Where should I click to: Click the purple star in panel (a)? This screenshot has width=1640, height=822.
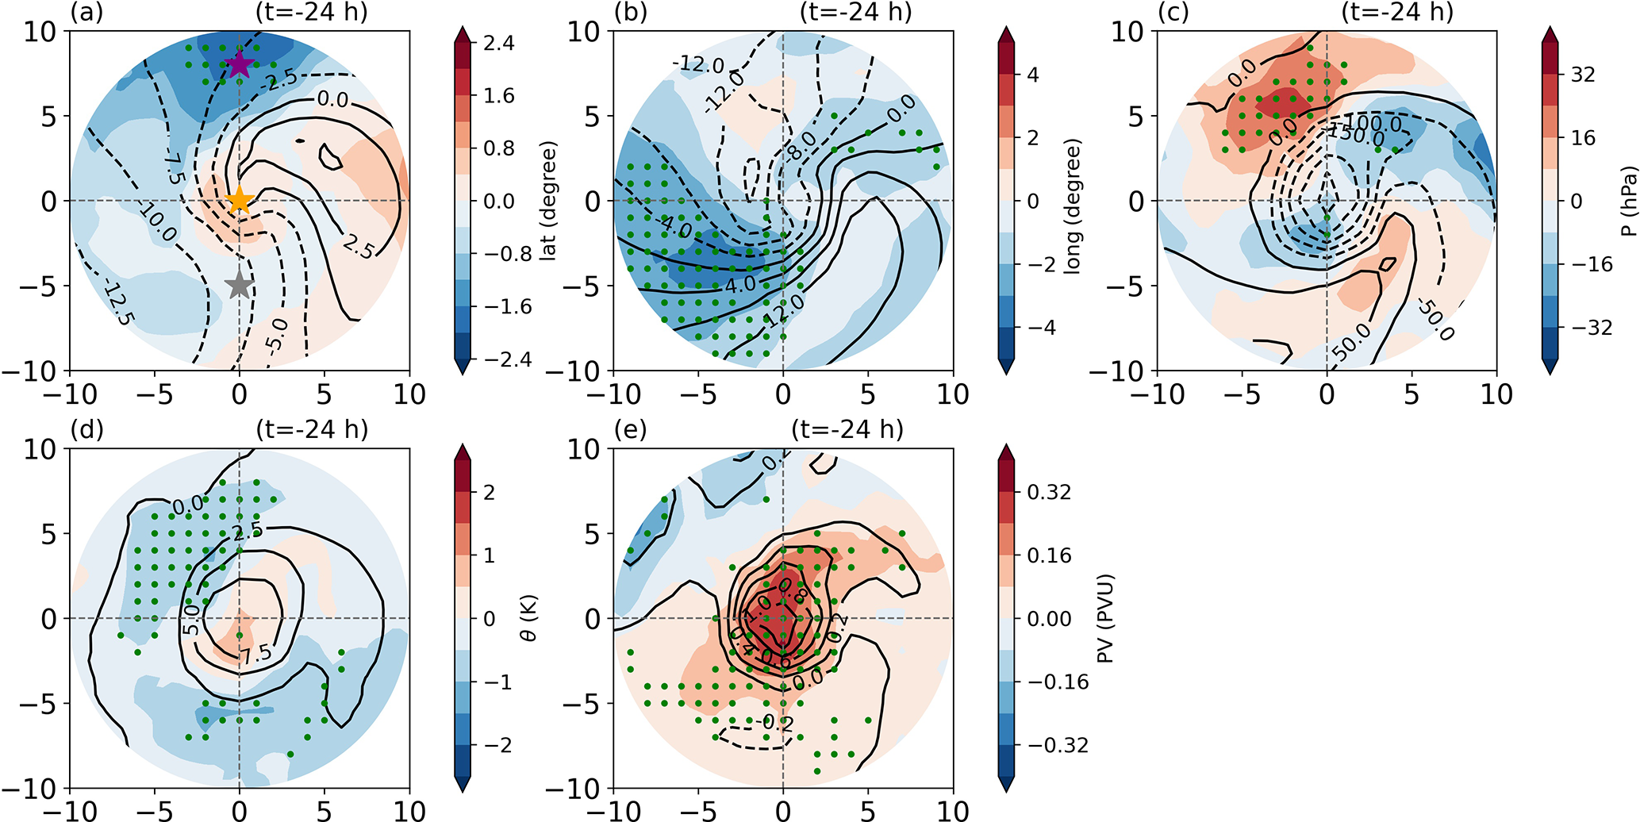pos(239,64)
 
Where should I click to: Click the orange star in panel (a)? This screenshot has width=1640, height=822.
pos(239,201)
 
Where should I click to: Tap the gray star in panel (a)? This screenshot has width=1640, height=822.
pos(239,285)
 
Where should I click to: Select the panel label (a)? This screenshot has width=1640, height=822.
pos(86,13)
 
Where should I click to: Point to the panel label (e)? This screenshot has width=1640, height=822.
pos(630,429)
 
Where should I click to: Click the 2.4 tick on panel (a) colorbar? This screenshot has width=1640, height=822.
pos(499,43)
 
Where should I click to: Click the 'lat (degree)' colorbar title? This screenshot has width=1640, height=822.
pos(548,202)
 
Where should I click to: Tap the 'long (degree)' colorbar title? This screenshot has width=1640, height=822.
pos(1073,206)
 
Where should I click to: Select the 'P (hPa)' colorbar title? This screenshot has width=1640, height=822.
pos(1630,202)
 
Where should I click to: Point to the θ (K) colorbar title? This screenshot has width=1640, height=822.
pos(528,619)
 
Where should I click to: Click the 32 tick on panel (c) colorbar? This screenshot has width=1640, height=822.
pos(1583,75)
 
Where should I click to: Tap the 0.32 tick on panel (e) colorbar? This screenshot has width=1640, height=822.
pos(1049,492)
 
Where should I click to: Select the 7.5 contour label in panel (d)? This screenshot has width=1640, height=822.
pos(255,654)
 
